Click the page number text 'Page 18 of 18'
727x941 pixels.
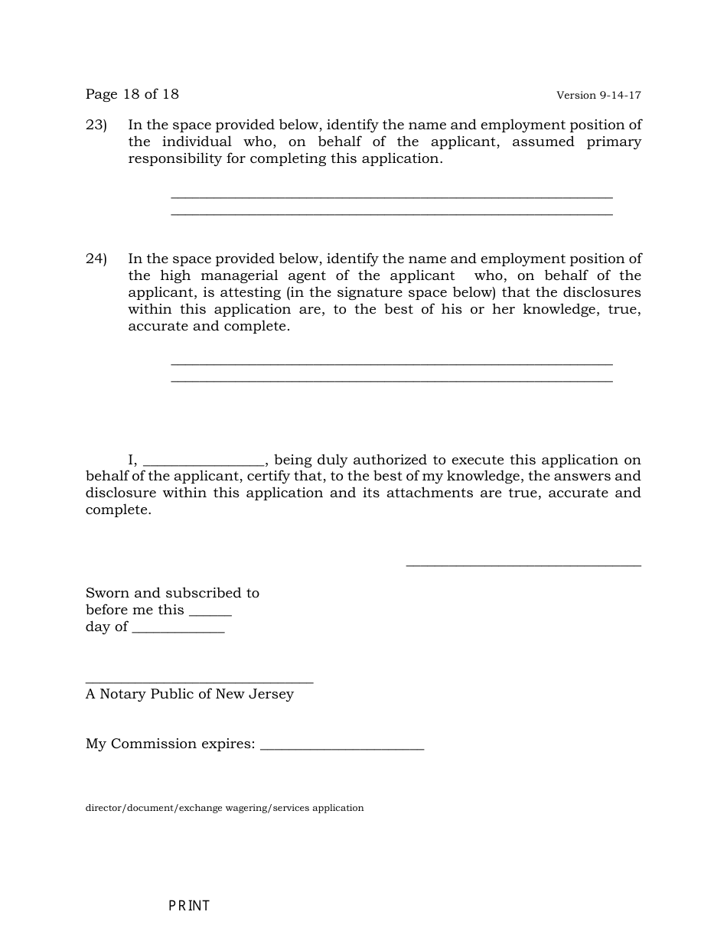click(132, 94)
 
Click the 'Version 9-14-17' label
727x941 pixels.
click(598, 96)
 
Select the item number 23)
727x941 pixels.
click(96, 125)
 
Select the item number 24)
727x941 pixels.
click(96, 259)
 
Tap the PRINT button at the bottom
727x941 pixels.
click(189, 906)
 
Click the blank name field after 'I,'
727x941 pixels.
click(204, 461)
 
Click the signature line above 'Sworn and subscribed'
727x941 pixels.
click(523, 564)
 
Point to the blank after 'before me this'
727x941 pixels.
click(210, 612)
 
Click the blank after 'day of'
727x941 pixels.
click(178, 629)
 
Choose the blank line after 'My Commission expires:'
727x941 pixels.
click(342, 747)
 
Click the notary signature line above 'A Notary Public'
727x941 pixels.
click(199, 680)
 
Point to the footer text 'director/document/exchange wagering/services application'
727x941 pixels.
click(224, 808)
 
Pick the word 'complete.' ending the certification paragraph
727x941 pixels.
click(119, 510)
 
